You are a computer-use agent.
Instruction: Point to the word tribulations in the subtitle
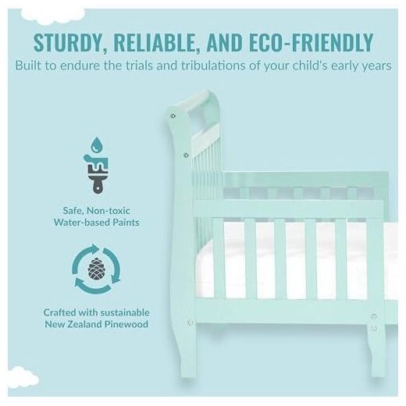(213, 66)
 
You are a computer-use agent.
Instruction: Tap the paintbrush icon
(96, 173)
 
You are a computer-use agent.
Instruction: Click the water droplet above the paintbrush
(97, 144)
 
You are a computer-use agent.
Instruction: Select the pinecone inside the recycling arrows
(97, 269)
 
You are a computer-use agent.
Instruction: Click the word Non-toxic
(109, 211)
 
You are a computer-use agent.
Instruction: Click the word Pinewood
(126, 324)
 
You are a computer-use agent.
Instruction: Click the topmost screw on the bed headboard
(173, 116)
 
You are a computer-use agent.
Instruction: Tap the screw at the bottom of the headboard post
(190, 322)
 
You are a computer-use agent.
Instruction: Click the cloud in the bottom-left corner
(23, 377)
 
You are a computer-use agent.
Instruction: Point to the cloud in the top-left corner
(53, 16)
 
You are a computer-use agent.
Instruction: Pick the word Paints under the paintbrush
(126, 223)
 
